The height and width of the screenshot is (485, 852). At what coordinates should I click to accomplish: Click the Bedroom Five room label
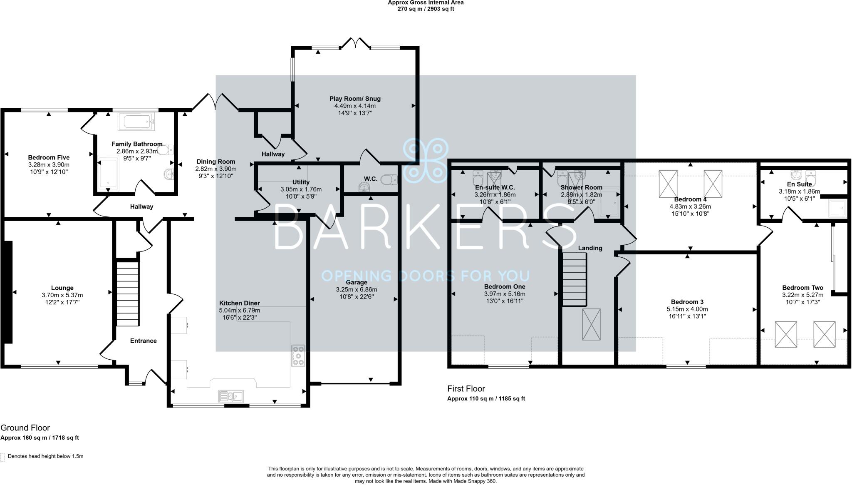(x=49, y=157)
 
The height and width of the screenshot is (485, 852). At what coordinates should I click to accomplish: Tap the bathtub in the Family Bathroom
(x=137, y=122)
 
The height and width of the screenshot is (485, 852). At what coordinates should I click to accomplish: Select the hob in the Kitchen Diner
(x=298, y=356)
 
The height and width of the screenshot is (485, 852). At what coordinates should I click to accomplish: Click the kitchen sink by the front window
(x=231, y=396)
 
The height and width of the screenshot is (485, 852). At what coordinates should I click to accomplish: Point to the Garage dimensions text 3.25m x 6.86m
(x=357, y=289)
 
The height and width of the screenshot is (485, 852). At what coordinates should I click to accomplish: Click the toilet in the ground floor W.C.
(x=389, y=180)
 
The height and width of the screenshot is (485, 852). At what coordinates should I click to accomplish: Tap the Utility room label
(x=301, y=182)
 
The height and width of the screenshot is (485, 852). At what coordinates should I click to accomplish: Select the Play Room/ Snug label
(x=355, y=99)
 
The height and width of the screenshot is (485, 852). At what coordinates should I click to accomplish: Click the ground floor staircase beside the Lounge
(x=127, y=293)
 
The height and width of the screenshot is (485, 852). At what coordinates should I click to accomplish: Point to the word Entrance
(x=143, y=341)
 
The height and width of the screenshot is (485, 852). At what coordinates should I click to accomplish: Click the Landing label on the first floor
(x=590, y=248)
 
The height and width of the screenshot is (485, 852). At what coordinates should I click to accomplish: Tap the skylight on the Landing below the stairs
(x=591, y=325)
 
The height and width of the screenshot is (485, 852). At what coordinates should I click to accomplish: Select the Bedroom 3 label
(x=687, y=302)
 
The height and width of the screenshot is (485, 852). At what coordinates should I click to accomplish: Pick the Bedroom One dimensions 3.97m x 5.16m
(x=505, y=293)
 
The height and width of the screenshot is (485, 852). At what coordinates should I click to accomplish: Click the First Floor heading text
(x=466, y=388)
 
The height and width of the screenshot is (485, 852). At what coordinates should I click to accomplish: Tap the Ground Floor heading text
(x=25, y=428)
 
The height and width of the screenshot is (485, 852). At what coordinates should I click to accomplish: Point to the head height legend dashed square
(x=3, y=457)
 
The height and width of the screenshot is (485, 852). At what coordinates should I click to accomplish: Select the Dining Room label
(x=215, y=162)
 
